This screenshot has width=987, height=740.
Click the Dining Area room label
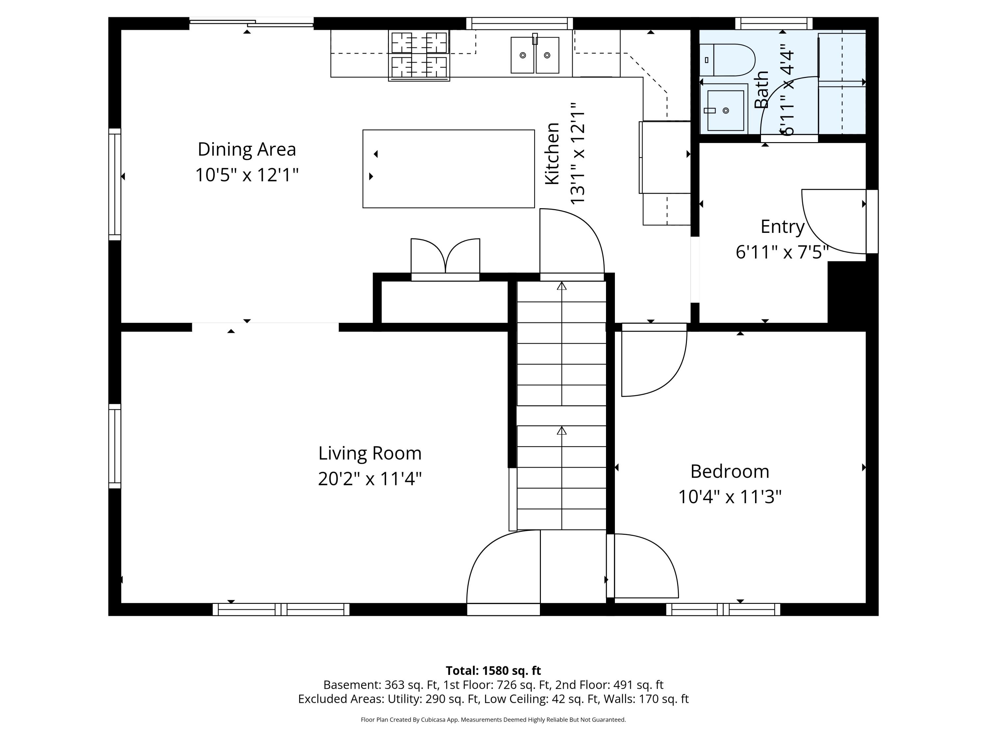point(247,149)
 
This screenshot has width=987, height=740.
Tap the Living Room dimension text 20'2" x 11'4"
point(370,479)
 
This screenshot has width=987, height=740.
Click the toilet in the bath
point(727,60)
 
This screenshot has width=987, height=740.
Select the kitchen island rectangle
point(448,169)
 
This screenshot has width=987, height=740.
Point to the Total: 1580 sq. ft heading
point(493,670)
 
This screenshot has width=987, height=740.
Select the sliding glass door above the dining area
point(252,22)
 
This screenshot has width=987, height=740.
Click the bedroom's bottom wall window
point(723,609)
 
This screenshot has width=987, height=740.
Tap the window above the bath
point(774,23)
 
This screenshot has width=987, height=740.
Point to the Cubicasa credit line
point(493,720)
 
